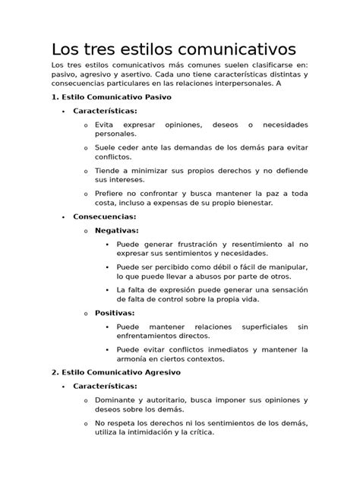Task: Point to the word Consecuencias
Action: pos(104,216)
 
